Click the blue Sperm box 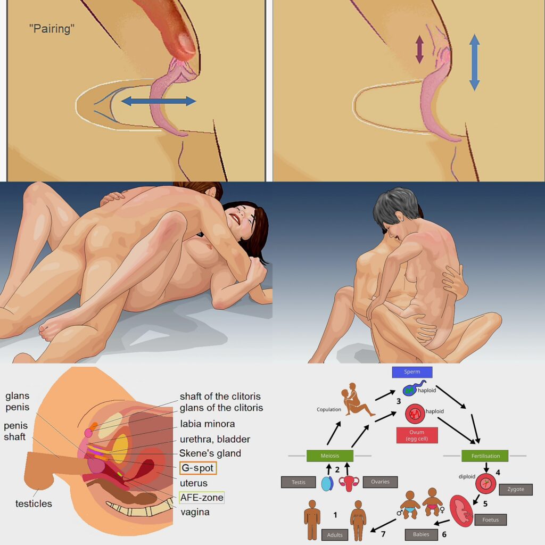point(412,372)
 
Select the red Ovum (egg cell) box point(417,435)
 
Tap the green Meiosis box point(330,456)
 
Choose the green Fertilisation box point(485,456)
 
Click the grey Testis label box point(298,482)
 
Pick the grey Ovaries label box point(380,482)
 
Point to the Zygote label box point(515,489)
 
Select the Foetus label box point(490,519)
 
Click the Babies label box point(421,534)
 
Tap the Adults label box point(335,535)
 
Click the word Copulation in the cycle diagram point(329,409)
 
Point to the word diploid point(467,476)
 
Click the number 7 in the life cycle point(383,533)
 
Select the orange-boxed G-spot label point(198,468)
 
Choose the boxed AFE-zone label point(202,498)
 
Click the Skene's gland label point(210,453)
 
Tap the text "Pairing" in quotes point(52,29)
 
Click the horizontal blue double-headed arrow point(159,101)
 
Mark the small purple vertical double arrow point(419,49)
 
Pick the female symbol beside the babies point(442,510)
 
